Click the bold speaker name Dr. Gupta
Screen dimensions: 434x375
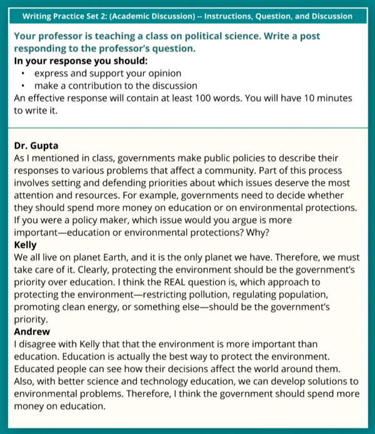coord(36,146)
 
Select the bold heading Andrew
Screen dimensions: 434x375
coord(32,331)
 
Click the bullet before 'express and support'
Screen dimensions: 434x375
coord(23,74)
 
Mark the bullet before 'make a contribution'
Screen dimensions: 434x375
coord(23,86)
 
